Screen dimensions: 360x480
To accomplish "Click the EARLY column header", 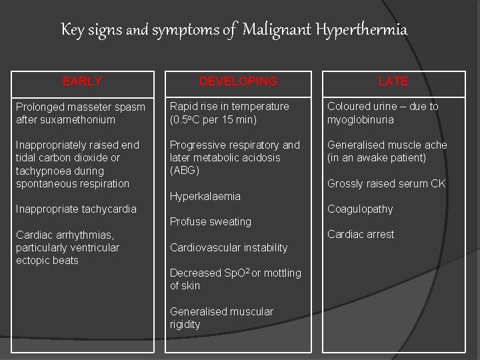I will point(82,81).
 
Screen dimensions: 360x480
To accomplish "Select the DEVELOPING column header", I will point(238,81).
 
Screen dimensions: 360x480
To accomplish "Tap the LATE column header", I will point(393,81).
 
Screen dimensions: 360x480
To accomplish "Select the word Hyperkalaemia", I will point(205,197).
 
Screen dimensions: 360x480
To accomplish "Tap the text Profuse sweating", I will point(211,222).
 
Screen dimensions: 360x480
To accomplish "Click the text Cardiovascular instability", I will point(229,248).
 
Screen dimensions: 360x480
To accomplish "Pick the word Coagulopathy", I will point(360,209).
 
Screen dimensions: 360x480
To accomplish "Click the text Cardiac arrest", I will point(361,235).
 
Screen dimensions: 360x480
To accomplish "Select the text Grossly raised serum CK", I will point(387,184).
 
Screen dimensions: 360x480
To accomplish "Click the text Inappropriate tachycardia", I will point(76,209).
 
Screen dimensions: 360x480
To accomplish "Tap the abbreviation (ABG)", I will point(185,171).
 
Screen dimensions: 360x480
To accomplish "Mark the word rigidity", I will point(185,325).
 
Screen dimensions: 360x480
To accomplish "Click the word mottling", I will point(283,273).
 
